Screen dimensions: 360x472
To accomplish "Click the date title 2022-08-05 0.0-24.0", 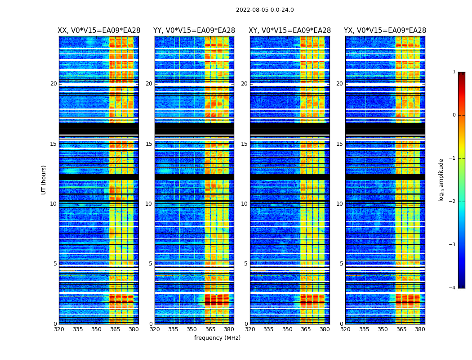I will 265,10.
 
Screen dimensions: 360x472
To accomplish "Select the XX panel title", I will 99,31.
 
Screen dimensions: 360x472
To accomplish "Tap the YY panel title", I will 194,31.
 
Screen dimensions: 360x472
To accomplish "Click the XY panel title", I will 290,31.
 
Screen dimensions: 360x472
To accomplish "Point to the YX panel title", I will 385,31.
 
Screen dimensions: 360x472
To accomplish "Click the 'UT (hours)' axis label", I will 44,180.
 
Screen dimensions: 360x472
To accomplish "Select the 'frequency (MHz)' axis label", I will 217,338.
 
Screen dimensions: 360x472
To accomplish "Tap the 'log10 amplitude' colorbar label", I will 441,180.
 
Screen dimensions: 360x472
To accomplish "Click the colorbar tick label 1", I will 454,72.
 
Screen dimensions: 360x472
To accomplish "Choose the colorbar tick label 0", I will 454,115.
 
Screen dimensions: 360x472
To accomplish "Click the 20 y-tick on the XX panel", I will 53,84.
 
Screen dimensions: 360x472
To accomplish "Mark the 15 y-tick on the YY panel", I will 149,144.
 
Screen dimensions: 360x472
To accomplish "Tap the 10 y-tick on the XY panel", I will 244,204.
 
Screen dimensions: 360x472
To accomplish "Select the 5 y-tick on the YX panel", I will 341,264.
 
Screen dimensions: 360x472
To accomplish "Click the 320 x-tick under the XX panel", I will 59,329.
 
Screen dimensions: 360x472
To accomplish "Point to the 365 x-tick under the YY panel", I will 210,329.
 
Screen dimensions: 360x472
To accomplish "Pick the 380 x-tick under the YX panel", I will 420,329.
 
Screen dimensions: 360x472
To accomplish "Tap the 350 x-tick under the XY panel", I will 287,329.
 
